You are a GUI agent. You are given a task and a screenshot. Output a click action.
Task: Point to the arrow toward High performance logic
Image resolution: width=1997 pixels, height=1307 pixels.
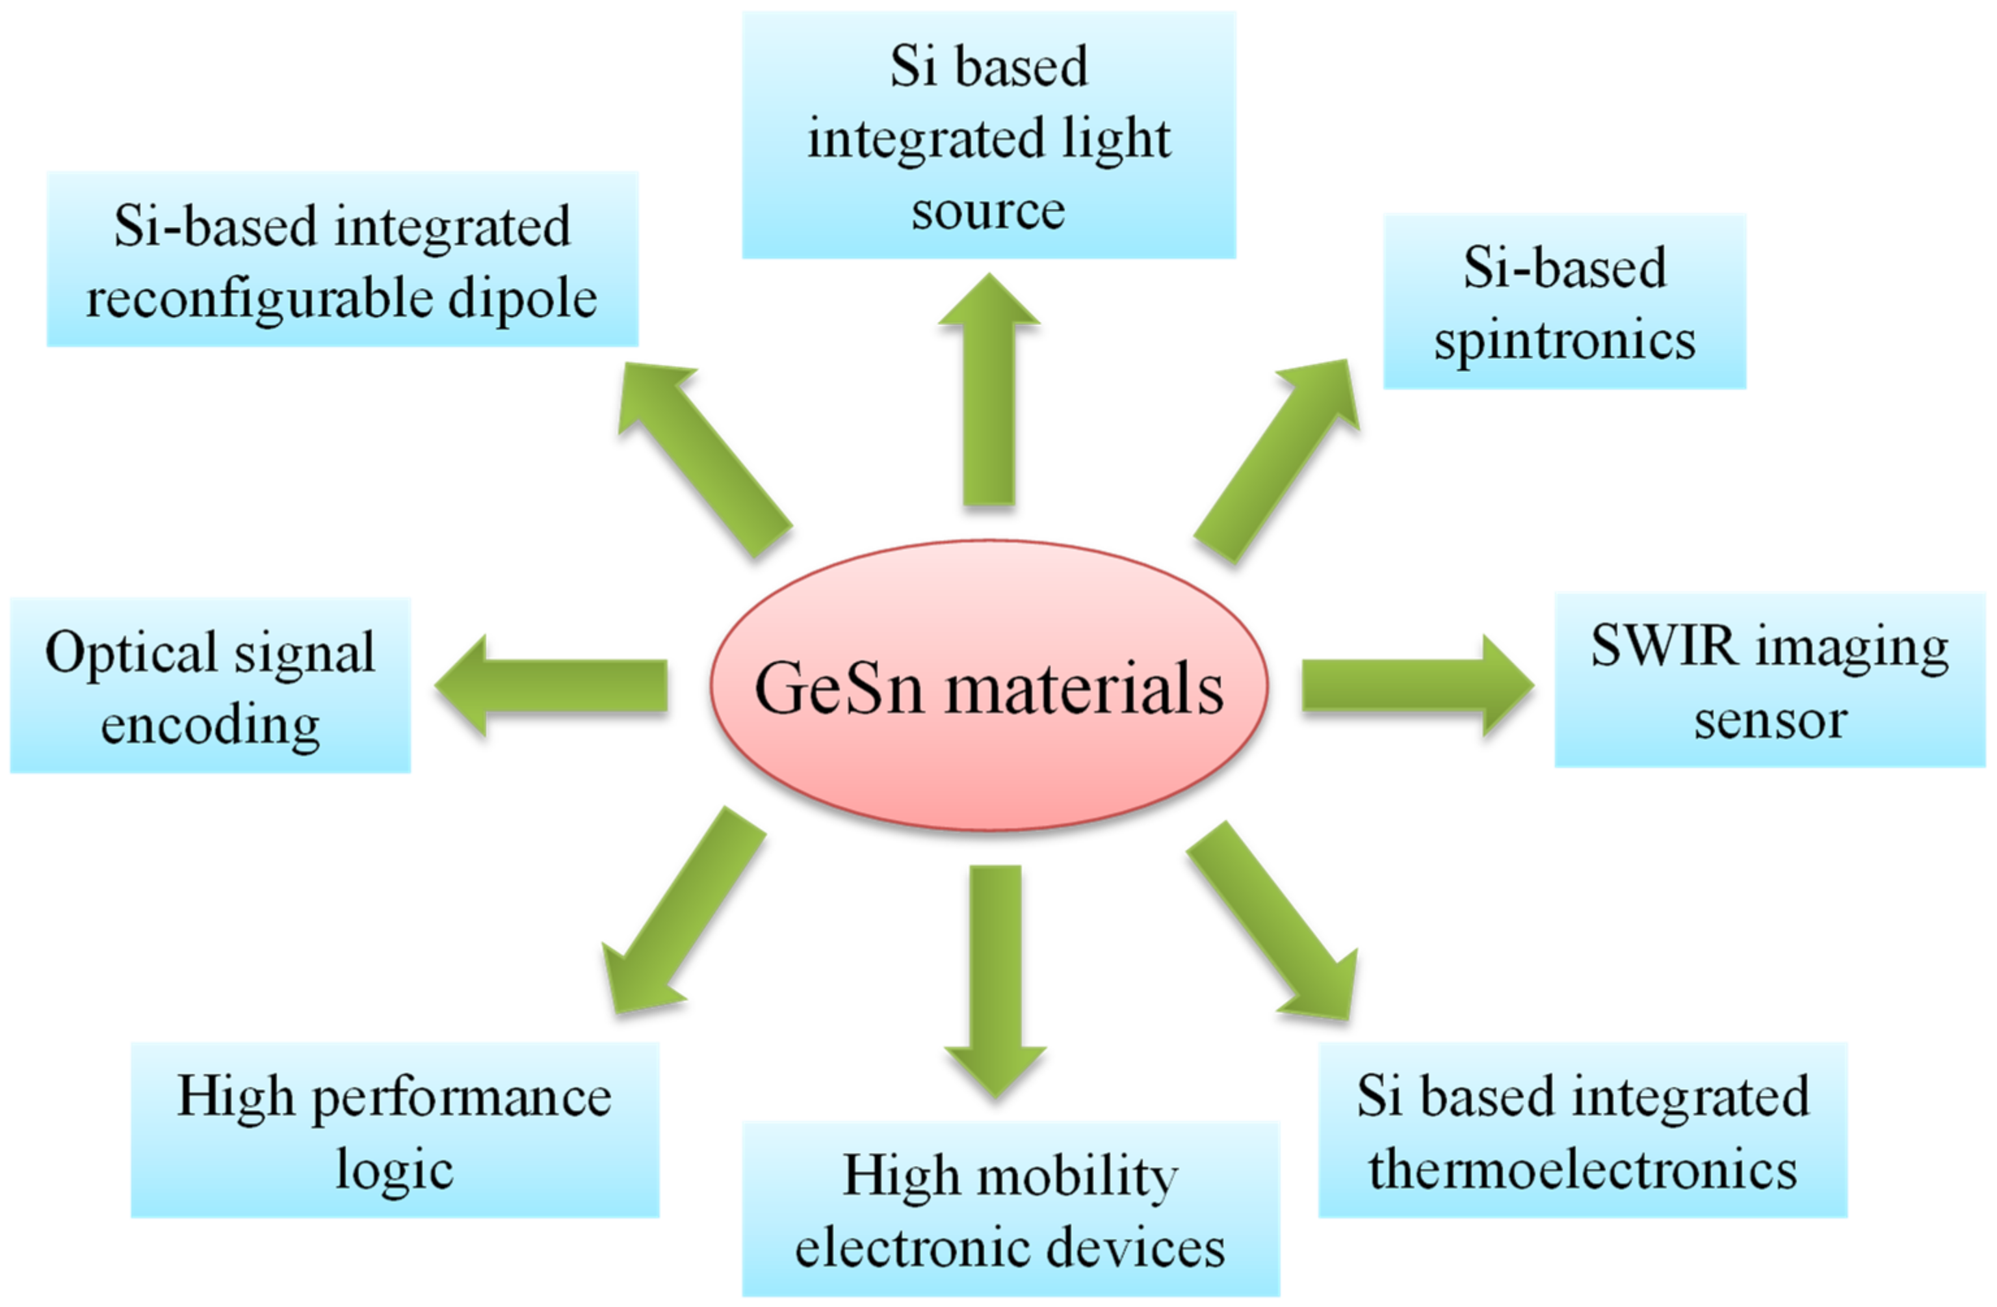(x=688, y=906)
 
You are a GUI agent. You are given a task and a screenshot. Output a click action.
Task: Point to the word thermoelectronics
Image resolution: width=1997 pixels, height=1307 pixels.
(x=1582, y=1168)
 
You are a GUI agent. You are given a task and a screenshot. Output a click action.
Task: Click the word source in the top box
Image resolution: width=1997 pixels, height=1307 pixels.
(x=989, y=210)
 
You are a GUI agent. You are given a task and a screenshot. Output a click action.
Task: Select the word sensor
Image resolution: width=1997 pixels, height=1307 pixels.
(x=1770, y=720)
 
